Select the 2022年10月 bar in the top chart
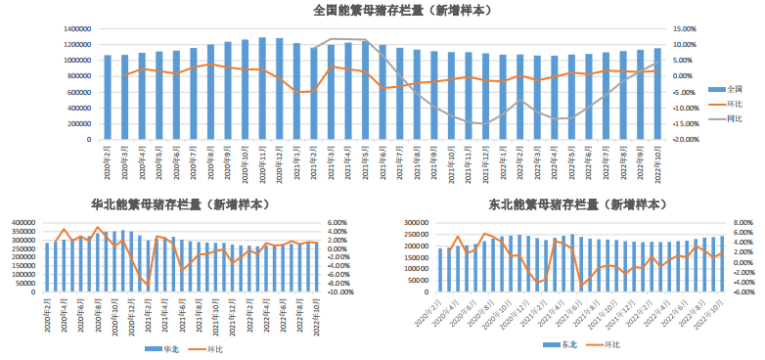coord(656,94)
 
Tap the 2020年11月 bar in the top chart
coord(261,88)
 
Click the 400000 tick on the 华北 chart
coord(24,223)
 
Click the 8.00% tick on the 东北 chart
coord(741,223)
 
